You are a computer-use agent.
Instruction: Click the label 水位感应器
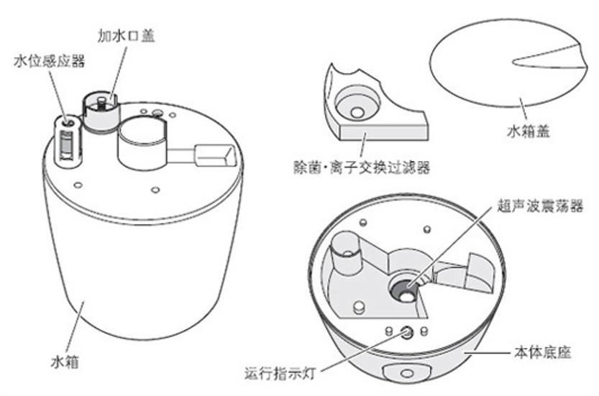click(50, 62)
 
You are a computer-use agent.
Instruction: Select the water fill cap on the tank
click(100, 109)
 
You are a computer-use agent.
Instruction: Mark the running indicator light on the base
click(406, 331)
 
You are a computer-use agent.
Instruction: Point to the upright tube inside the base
click(344, 256)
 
